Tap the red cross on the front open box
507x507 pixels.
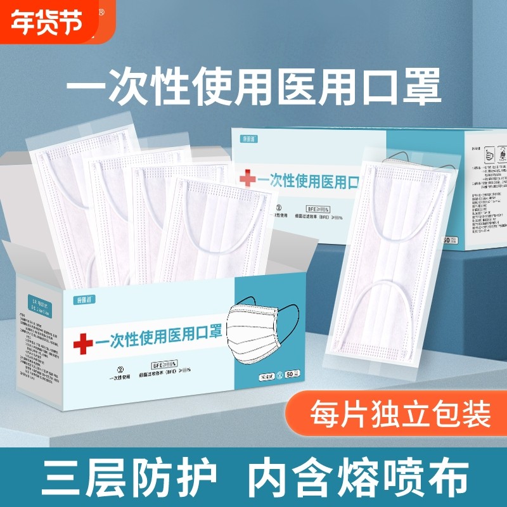[x=82, y=343]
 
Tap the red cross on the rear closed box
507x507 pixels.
[x=247, y=179]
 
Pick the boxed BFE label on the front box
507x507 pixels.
[x=164, y=366]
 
